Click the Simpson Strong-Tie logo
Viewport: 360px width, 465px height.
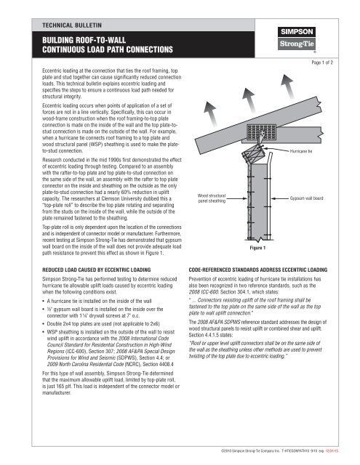[x=297, y=39]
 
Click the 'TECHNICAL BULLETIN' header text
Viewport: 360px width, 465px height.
[x=72, y=25]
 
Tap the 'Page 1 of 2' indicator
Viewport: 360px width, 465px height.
[x=322, y=62]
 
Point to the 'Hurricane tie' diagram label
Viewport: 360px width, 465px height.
[x=301, y=151]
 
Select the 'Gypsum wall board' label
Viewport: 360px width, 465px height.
[x=307, y=198]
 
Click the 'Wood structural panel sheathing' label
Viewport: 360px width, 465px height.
[x=212, y=198]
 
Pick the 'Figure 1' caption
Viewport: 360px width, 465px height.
[x=257, y=248]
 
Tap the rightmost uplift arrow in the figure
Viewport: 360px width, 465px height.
[x=287, y=86]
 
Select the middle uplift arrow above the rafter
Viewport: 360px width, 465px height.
[x=249, y=100]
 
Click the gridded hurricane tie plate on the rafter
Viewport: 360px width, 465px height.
[x=261, y=132]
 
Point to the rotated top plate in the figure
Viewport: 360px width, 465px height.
[x=253, y=155]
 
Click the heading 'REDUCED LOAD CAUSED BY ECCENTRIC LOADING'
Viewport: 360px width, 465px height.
[x=97, y=270]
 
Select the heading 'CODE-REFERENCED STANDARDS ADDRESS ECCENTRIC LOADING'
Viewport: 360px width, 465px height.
[x=258, y=270]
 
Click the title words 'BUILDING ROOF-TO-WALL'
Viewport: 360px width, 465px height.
[x=84, y=40]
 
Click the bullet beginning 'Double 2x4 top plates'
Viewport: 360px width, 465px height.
[x=103, y=324]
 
